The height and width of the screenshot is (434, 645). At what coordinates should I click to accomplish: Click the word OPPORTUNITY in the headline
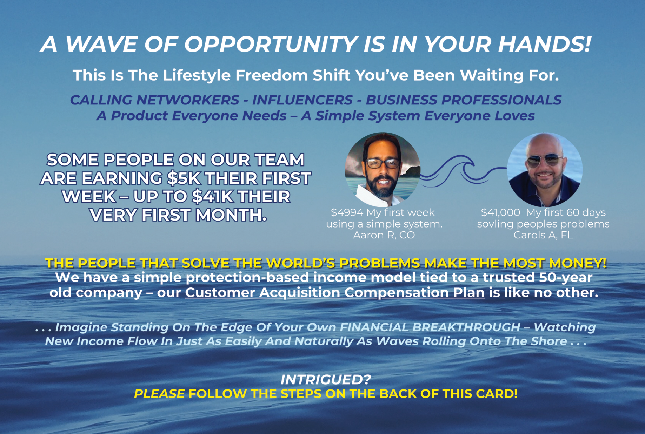[x=271, y=44]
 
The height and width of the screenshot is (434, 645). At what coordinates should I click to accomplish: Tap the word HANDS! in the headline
[x=544, y=44]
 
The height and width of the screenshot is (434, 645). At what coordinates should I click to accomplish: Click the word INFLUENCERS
[x=302, y=100]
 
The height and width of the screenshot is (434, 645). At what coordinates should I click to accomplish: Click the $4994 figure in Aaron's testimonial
[x=347, y=212]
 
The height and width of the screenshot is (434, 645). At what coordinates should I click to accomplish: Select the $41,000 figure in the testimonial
[x=500, y=212]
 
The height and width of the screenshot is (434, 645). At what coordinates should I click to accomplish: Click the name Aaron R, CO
[x=384, y=235]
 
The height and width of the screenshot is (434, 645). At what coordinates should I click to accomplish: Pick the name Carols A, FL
[x=543, y=235]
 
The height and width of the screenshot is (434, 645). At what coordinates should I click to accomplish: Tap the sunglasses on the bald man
[x=544, y=161]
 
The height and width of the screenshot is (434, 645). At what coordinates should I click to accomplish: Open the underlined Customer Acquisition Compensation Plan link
[x=335, y=292]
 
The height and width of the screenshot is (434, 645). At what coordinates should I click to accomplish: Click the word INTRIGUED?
[x=325, y=379]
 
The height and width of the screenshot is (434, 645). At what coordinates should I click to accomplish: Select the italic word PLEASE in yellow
[x=159, y=394]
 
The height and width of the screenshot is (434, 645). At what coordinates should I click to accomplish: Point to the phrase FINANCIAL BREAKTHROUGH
[x=430, y=327]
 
